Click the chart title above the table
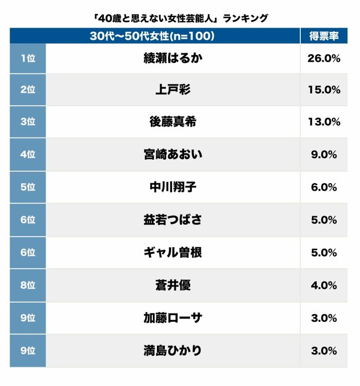180,19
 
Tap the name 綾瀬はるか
172,58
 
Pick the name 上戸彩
172,90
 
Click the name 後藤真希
172,122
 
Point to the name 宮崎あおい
172,155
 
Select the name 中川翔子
172,187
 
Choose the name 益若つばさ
172,220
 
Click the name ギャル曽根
172,252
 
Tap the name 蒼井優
172,285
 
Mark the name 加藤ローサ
172,317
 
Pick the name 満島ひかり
172,351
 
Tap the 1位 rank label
28,58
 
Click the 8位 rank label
28,285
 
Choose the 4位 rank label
28,155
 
